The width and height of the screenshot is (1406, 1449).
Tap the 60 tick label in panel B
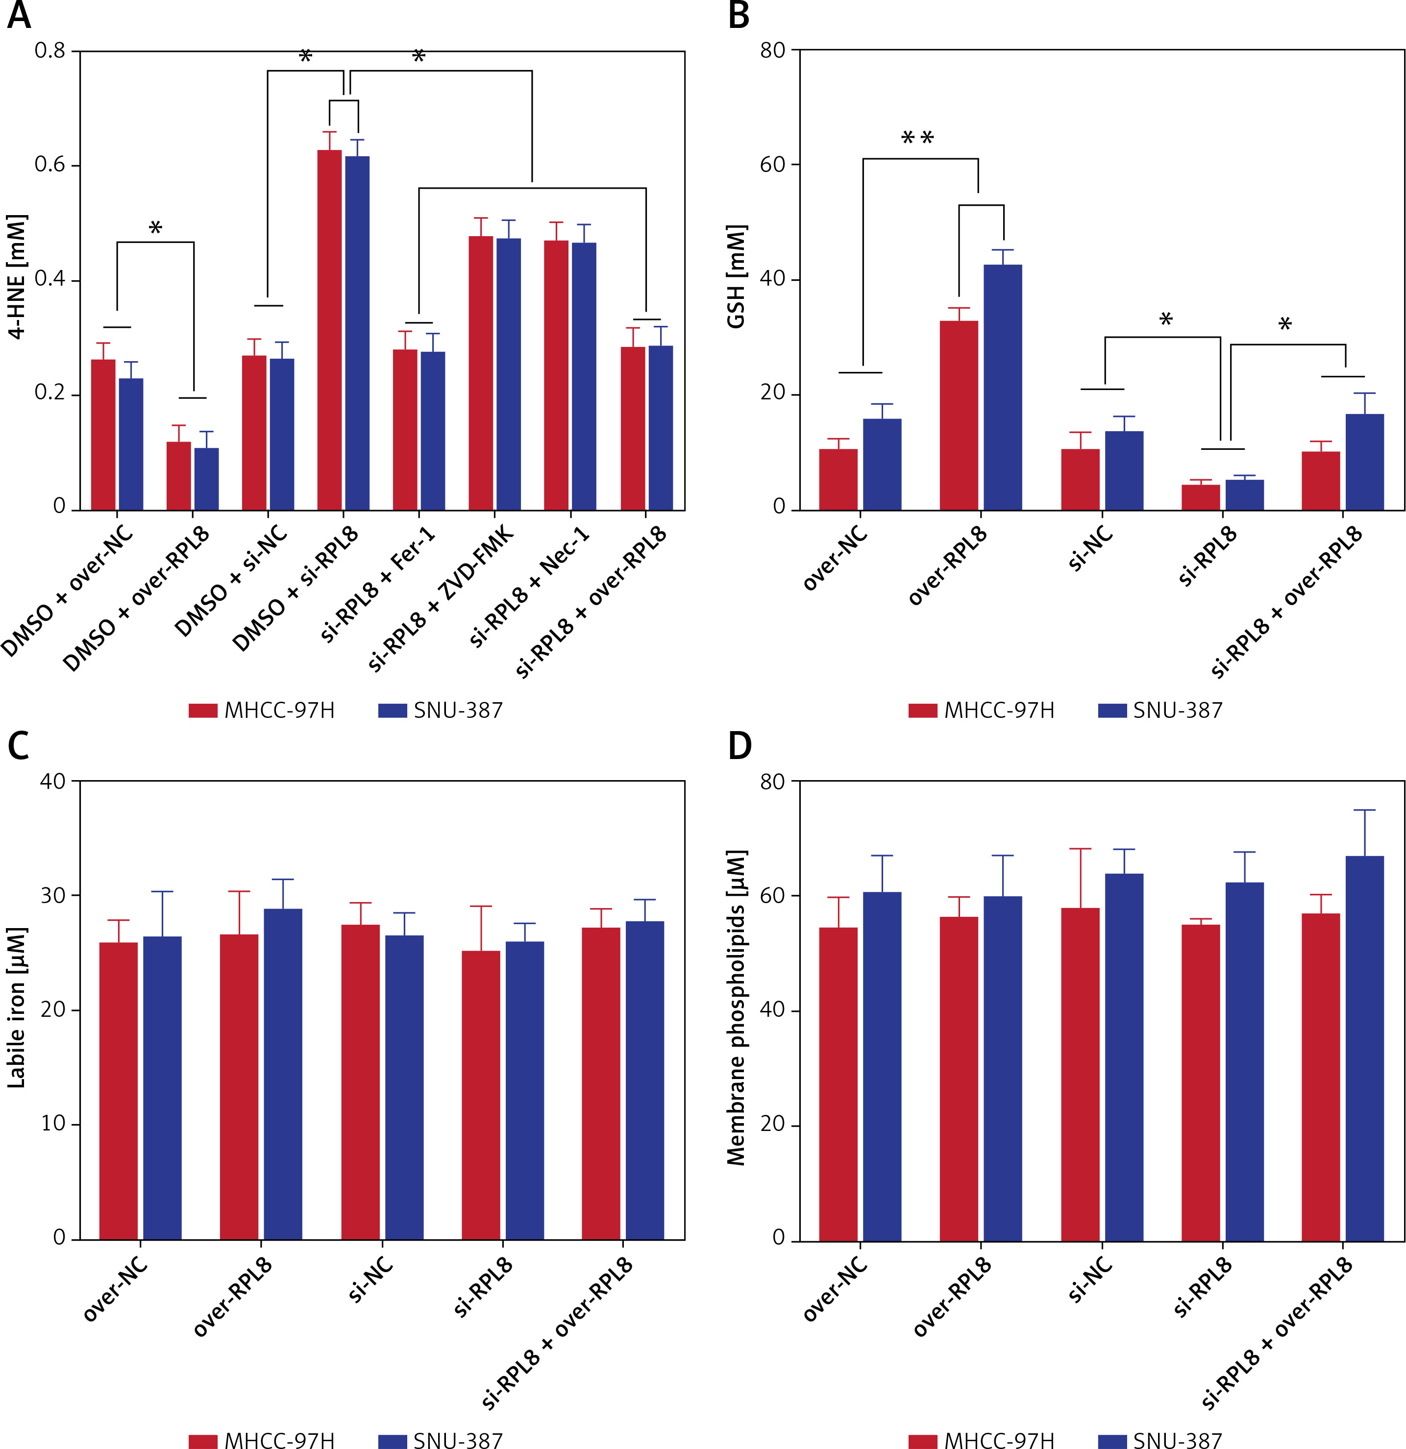[x=772, y=165]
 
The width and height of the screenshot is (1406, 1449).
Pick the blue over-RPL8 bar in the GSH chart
[x=1002, y=388]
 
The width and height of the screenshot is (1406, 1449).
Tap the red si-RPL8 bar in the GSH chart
[x=1201, y=497]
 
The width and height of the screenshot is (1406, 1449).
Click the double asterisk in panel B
[x=917, y=138]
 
